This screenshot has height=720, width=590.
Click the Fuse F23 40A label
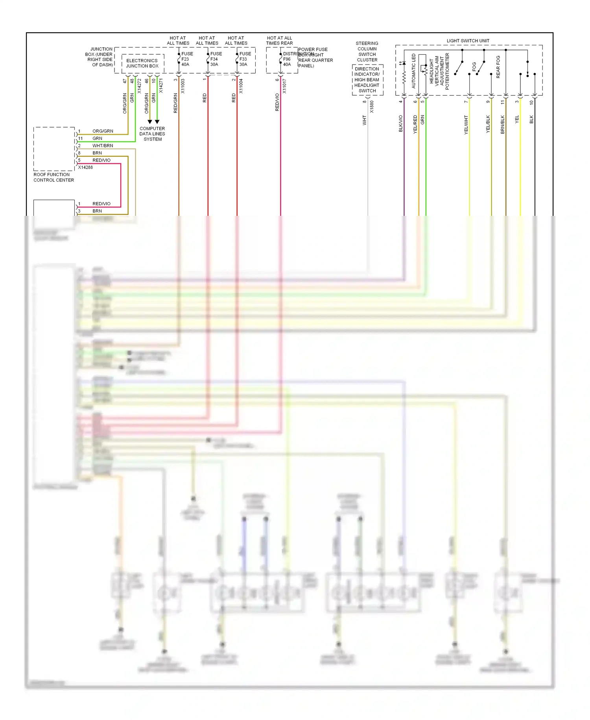point(187,59)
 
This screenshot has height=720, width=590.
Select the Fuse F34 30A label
point(216,59)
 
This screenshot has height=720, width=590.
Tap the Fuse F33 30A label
point(245,59)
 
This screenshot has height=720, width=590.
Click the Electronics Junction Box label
point(142,63)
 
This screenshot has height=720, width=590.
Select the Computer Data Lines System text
point(152,134)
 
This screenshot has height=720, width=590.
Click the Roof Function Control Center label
point(53,177)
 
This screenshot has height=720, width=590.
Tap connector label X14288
point(85,167)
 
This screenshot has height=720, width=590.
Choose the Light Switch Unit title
point(468,41)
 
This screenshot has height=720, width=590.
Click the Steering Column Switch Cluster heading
point(367,52)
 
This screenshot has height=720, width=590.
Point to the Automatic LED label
point(413,71)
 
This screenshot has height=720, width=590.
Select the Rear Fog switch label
point(498,67)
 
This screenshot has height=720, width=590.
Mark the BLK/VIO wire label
point(401,123)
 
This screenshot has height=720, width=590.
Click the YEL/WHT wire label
point(466,125)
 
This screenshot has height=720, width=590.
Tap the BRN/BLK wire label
point(502,124)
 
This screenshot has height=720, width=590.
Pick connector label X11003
point(183,86)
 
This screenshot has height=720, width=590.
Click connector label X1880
point(372,107)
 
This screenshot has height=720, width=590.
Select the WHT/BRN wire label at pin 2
point(103,146)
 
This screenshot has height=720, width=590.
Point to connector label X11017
point(284,86)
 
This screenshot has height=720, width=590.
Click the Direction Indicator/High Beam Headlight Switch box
point(367,80)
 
